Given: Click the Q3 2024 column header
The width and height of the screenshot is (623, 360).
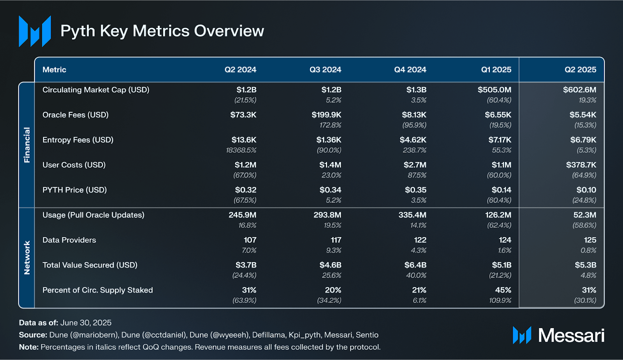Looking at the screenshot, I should (x=325, y=70).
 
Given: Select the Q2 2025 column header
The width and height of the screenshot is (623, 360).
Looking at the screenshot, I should (x=580, y=70).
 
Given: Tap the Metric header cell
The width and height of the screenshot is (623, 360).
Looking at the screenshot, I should (x=54, y=70).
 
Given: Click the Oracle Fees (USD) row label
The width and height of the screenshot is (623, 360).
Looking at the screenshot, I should (x=76, y=115).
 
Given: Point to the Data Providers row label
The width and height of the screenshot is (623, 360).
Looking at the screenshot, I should (x=69, y=240).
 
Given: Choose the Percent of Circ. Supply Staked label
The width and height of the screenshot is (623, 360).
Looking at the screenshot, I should (x=97, y=290).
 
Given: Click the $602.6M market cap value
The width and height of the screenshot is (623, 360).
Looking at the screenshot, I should (x=579, y=90).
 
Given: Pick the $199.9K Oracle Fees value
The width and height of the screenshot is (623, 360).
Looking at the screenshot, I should (x=326, y=115).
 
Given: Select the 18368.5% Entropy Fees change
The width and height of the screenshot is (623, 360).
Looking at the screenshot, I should (x=241, y=150).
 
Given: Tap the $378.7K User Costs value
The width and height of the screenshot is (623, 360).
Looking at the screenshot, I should (x=581, y=165).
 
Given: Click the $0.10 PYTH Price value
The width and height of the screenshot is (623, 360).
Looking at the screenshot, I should (x=586, y=190).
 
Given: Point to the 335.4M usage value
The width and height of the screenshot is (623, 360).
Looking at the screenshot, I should (x=412, y=215).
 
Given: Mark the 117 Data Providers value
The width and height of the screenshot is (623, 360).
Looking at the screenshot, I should (x=336, y=240).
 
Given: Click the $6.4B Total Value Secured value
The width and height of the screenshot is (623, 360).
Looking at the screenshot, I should (x=415, y=265).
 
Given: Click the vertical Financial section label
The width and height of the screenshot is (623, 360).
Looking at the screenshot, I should (x=27, y=145).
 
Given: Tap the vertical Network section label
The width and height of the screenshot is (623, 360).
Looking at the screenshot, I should (x=27, y=258).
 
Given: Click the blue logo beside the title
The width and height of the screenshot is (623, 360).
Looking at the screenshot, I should (x=35, y=31).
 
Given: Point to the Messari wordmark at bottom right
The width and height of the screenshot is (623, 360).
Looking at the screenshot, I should (x=571, y=335).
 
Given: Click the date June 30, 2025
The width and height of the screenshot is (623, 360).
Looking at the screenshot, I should (x=86, y=323).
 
